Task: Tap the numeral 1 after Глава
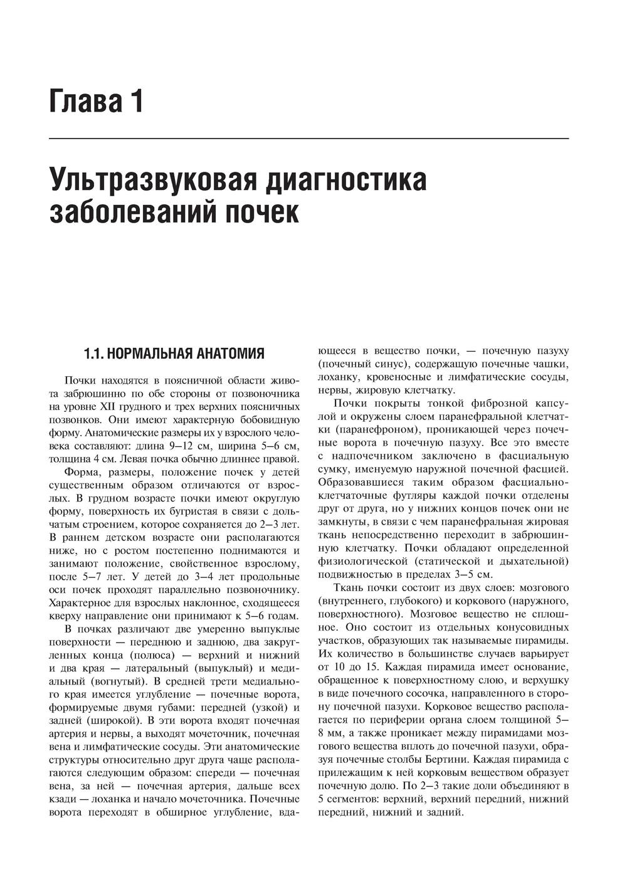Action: click(x=136, y=102)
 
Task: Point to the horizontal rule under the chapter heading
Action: click(x=308, y=138)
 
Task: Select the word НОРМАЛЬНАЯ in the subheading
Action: click(x=151, y=354)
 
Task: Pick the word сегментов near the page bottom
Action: click(x=354, y=799)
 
